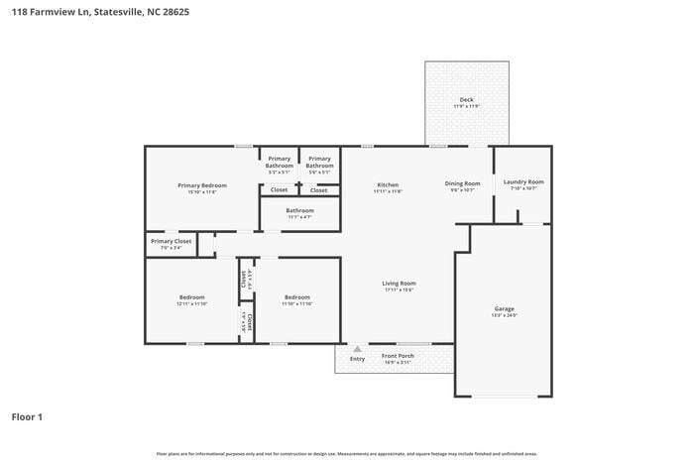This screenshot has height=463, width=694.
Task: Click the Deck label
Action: pyautogui.click(x=466, y=100)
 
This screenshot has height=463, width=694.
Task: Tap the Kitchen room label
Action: pyautogui.click(x=388, y=184)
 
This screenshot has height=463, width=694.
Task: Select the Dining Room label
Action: pyautogui.click(x=462, y=183)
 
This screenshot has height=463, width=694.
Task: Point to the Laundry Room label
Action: pyautogui.click(x=523, y=181)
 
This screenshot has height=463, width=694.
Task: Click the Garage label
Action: pyautogui.click(x=505, y=308)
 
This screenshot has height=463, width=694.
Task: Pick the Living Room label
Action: pyautogui.click(x=399, y=284)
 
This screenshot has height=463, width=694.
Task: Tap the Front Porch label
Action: pyautogui.click(x=398, y=355)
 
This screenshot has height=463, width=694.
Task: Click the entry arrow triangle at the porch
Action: pyautogui.click(x=356, y=348)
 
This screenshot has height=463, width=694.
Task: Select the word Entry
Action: pyautogui.click(x=357, y=359)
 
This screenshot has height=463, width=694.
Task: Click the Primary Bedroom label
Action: pyautogui.click(x=202, y=185)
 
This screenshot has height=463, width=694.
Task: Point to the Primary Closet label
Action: pyautogui.click(x=171, y=241)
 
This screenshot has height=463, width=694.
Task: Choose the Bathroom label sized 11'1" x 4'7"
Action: pyautogui.click(x=299, y=210)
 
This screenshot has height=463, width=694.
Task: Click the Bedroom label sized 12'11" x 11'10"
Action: pyautogui.click(x=192, y=297)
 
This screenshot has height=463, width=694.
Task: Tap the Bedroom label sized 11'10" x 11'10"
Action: pyautogui.click(x=297, y=297)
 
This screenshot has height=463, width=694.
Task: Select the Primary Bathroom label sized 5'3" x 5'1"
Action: pyautogui.click(x=280, y=162)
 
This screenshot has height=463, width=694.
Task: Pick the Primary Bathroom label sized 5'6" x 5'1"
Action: pyautogui.click(x=319, y=162)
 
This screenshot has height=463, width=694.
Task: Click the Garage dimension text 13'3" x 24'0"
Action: pyautogui.click(x=505, y=315)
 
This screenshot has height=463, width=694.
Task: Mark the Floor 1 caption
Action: pyautogui.click(x=27, y=417)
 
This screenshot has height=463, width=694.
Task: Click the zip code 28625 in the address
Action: pyautogui.click(x=174, y=12)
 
